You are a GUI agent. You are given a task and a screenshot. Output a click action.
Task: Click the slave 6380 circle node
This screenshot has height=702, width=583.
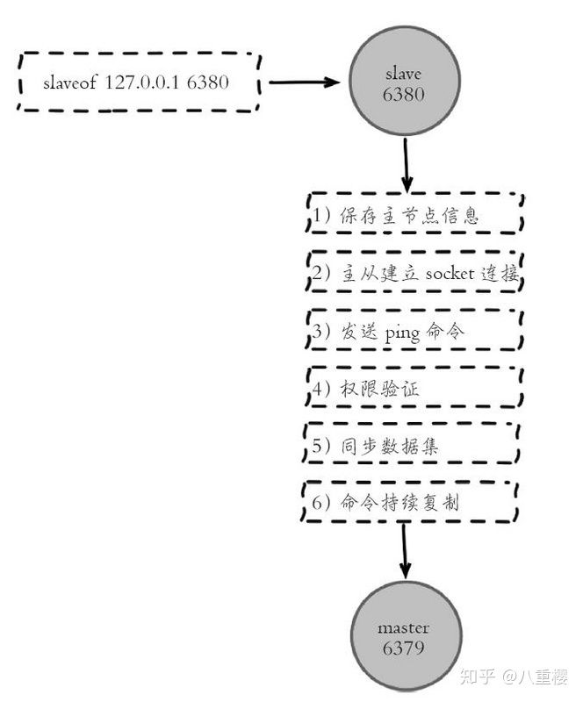click(x=403, y=83)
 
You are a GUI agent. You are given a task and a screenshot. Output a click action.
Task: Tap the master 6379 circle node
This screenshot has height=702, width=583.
click(x=403, y=638)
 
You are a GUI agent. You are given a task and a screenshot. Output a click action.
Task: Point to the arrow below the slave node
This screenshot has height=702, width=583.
click(x=405, y=164)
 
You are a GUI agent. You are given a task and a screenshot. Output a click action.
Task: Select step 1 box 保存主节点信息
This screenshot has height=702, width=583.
click(x=414, y=215)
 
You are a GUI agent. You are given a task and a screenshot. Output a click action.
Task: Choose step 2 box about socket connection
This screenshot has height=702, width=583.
click(x=414, y=273)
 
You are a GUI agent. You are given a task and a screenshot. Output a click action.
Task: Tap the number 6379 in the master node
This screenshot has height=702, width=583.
click(x=403, y=649)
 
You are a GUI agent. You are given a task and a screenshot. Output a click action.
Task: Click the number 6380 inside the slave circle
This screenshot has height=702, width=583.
click(x=403, y=95)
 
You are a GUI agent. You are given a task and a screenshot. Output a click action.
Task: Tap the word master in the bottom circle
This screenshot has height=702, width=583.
click(x=403, y=628)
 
